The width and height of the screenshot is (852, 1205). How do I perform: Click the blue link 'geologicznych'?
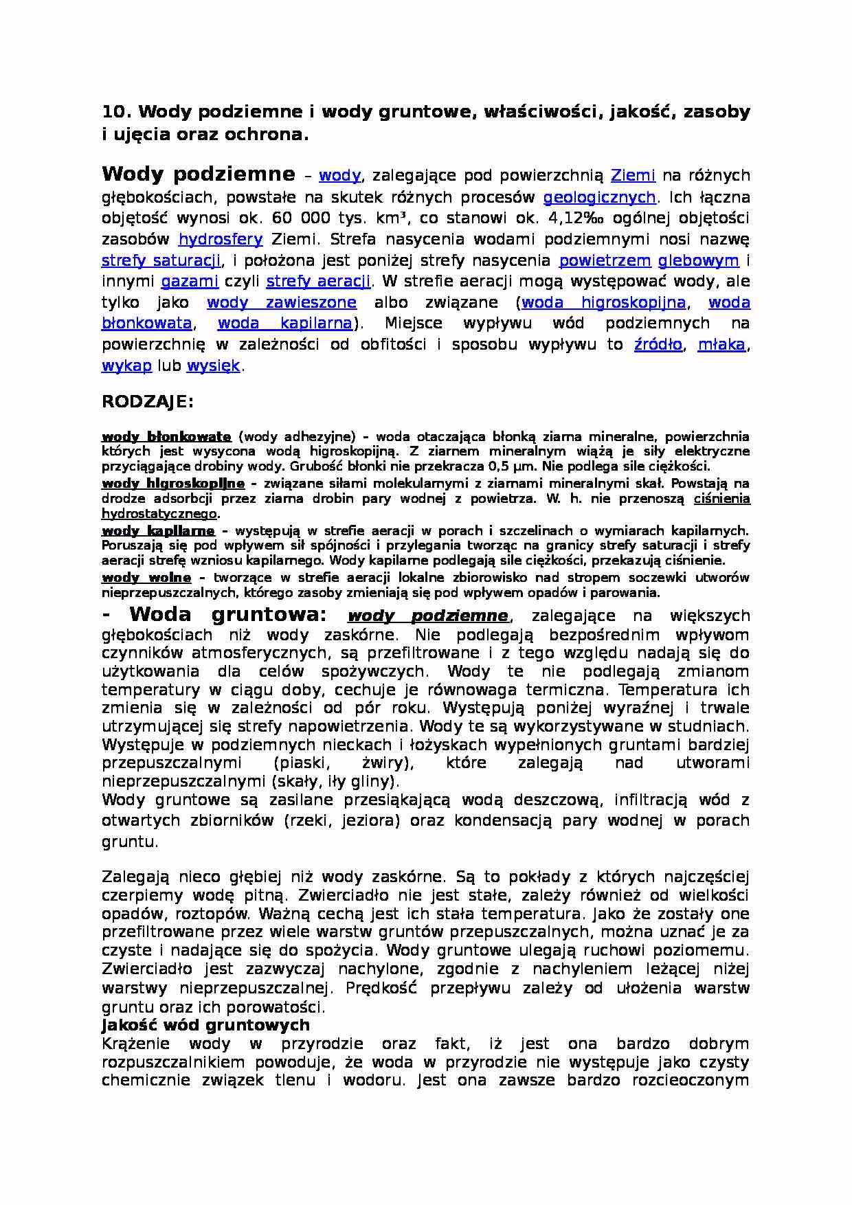599,198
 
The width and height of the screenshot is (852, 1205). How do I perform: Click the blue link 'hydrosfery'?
220,240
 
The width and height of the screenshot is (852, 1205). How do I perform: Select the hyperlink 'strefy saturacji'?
161,261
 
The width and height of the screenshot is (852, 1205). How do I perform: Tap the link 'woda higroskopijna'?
603,303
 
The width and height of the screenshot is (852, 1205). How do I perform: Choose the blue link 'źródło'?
658,345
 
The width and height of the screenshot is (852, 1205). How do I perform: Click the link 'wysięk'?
213,366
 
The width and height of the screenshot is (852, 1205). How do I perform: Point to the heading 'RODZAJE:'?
148,402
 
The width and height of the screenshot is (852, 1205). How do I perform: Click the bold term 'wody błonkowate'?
166,437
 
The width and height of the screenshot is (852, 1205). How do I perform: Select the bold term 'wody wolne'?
146,578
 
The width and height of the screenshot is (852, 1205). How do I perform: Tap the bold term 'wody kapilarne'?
158,531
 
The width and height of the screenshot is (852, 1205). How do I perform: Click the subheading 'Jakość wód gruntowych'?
205,1026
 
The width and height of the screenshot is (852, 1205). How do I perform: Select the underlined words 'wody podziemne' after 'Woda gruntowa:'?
428,616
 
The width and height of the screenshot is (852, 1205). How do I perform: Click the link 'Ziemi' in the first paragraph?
633,177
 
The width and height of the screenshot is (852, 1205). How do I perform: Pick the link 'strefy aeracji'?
318,282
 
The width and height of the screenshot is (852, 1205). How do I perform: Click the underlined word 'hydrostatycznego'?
159,514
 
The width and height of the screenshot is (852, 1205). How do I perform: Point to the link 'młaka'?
721,345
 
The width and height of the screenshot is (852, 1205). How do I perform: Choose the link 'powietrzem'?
605,261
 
